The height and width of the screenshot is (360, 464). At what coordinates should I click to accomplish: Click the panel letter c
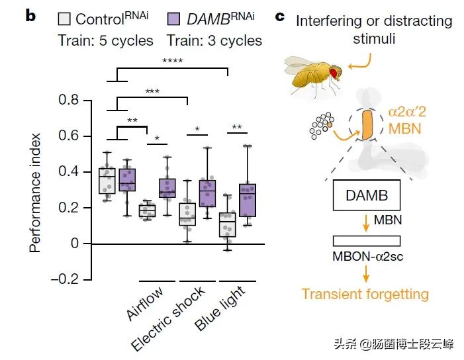(x=280, y=15)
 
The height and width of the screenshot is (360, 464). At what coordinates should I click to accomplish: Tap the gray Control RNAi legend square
(x=64, y=18)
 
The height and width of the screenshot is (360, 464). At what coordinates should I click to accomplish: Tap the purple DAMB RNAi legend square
(x=173, y=18)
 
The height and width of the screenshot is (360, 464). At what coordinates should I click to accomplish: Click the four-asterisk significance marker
(x=173, y=62)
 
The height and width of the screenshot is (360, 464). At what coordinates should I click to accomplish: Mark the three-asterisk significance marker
(x=152, y=91)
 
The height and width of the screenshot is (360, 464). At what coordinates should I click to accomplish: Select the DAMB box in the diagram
(x=366, y=196)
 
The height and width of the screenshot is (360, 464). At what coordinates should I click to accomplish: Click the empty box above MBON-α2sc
(x=366, y=241)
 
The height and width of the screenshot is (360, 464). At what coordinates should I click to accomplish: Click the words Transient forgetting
(x=365, y=293)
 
